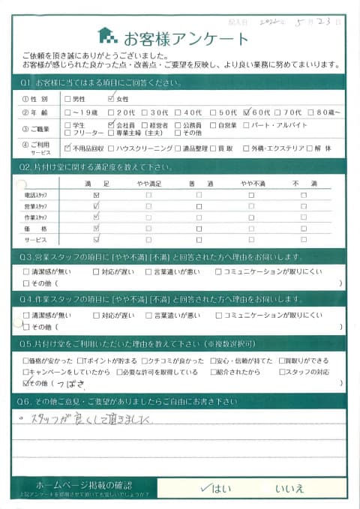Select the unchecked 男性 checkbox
coord(68,98)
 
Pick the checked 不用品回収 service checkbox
coord(68,148)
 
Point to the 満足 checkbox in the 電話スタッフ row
coord(96,195)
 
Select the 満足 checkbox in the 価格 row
coord(96,228)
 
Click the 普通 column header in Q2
coord(198,182)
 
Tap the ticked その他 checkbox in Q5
coord(28,383)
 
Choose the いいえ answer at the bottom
coord(289,488)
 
